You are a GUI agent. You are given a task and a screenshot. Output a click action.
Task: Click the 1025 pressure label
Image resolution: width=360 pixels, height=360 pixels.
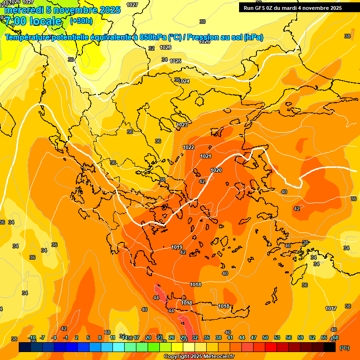point(176,61)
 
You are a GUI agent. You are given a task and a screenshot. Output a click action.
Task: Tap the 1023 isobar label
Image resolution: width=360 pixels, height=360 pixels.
point(182,125)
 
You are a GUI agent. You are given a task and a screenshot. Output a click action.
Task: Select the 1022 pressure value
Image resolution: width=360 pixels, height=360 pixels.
point(188,147)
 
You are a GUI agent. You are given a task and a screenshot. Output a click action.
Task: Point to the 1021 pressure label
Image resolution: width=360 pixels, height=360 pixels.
point(206,156)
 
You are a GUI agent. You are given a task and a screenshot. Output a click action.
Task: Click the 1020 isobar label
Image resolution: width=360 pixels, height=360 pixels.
point(216,170)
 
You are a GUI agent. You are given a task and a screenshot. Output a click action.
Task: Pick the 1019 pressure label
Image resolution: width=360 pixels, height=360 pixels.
point(177,247)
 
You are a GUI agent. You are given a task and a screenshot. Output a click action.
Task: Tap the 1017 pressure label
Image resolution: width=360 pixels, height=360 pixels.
point(331,308)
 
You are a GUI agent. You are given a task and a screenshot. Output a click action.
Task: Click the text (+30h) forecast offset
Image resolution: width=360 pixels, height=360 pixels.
point(81,21)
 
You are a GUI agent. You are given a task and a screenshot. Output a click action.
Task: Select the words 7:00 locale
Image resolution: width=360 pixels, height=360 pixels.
point(33,21)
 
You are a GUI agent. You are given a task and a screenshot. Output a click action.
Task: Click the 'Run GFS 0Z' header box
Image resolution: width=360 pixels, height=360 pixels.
point(292,7)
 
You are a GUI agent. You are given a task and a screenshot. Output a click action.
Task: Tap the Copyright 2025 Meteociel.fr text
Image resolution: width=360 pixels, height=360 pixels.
point(199,357)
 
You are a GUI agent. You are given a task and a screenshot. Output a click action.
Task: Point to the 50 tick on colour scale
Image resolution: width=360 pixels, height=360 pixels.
point(265,337)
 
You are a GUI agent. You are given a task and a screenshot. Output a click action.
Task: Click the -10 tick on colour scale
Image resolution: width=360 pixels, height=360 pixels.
point(32,337)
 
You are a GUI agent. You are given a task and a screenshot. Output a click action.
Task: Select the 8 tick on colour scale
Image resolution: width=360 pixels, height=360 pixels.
point(100,337)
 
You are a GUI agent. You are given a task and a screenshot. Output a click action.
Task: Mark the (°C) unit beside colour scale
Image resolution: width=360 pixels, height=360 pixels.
point(344,348)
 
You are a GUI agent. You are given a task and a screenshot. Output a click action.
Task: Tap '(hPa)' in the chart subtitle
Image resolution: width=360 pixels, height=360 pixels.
point(254,37)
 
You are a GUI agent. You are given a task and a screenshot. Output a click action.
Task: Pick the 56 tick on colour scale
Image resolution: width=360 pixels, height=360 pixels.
point(289,337)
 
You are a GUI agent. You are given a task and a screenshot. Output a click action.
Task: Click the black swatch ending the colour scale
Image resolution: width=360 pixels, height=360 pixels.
point(330,347)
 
